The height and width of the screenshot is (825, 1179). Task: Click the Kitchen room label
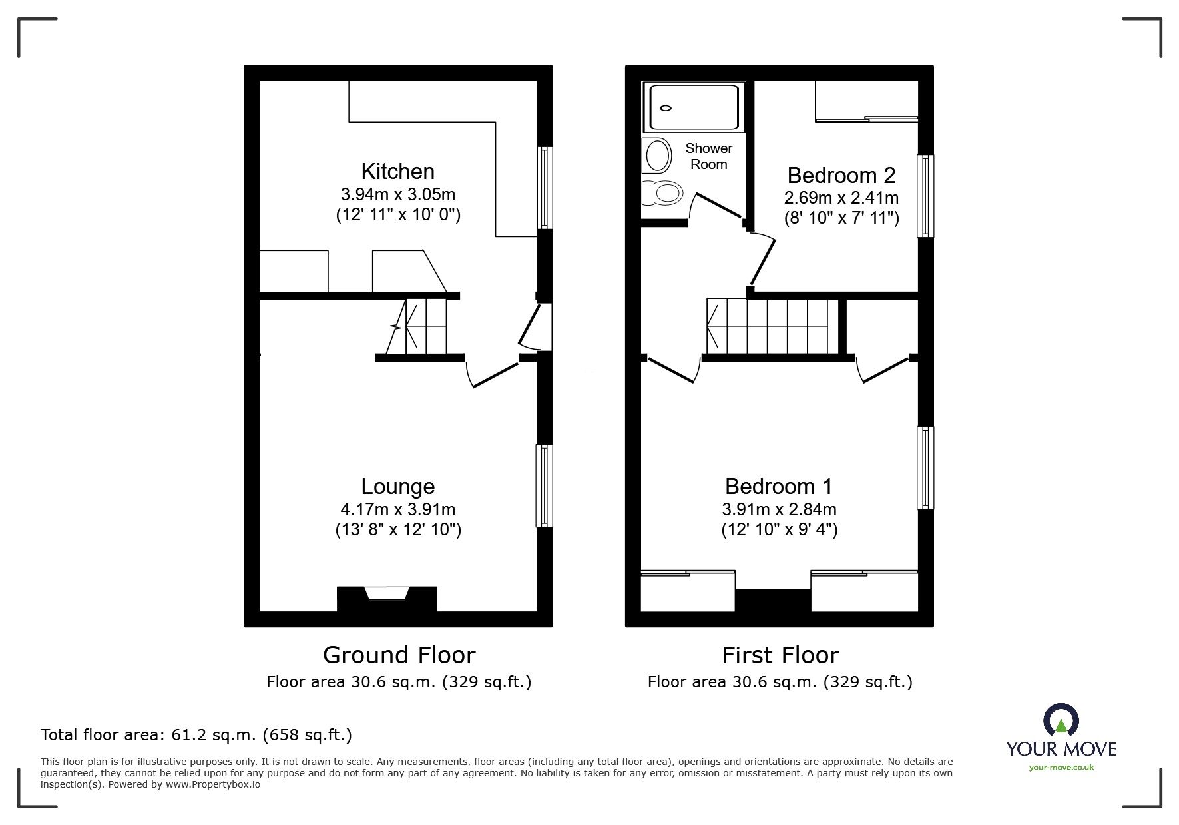coord(397,172)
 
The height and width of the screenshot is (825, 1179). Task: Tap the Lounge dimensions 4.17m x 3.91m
coord(397,509)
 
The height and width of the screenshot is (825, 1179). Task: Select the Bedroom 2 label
coord(841,176)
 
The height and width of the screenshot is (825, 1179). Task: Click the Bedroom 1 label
coord(778,487)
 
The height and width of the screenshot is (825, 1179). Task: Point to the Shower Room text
coord(708,156)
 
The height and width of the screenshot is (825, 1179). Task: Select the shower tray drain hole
coord(666,107)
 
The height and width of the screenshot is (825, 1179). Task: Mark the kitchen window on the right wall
coord(545,188)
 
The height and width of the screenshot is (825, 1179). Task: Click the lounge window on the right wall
coord(545,486)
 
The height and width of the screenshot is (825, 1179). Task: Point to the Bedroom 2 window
coord(925,196)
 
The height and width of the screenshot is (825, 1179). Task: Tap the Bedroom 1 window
coord(925,468)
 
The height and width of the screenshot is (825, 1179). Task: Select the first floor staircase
coord(772,327)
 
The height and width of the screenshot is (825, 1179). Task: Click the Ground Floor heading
coord(399,655)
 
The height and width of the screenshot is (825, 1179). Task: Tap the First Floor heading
coord(780,655)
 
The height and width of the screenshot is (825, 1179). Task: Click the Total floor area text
coord(196,735)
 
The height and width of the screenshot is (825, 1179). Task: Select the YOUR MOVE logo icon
coord(1061,721)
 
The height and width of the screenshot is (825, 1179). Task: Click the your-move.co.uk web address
coord(1061,768)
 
